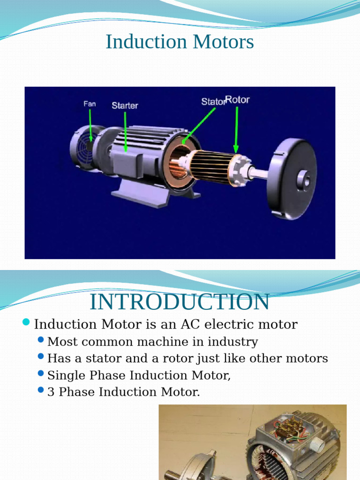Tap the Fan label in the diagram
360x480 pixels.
pyautogui.click(x=90, y=104)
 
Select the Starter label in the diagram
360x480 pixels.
pyautogui.click(x=125, y=105)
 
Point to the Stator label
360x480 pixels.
pyautogui.click(x=213, y=101)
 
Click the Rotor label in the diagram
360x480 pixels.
pyautogui.click(x=238, y=100)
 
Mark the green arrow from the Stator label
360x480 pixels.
pyautogui.click(x=199, y=124)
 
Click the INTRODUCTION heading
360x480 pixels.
pyautogui.click(x=180, y=302)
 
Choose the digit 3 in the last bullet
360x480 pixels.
pyautogui.click(x=51, y=392)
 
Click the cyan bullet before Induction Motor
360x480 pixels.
pyautogui.click(x=26, y=322)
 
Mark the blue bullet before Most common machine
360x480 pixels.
pyautogui.click(x=41, y=340)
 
